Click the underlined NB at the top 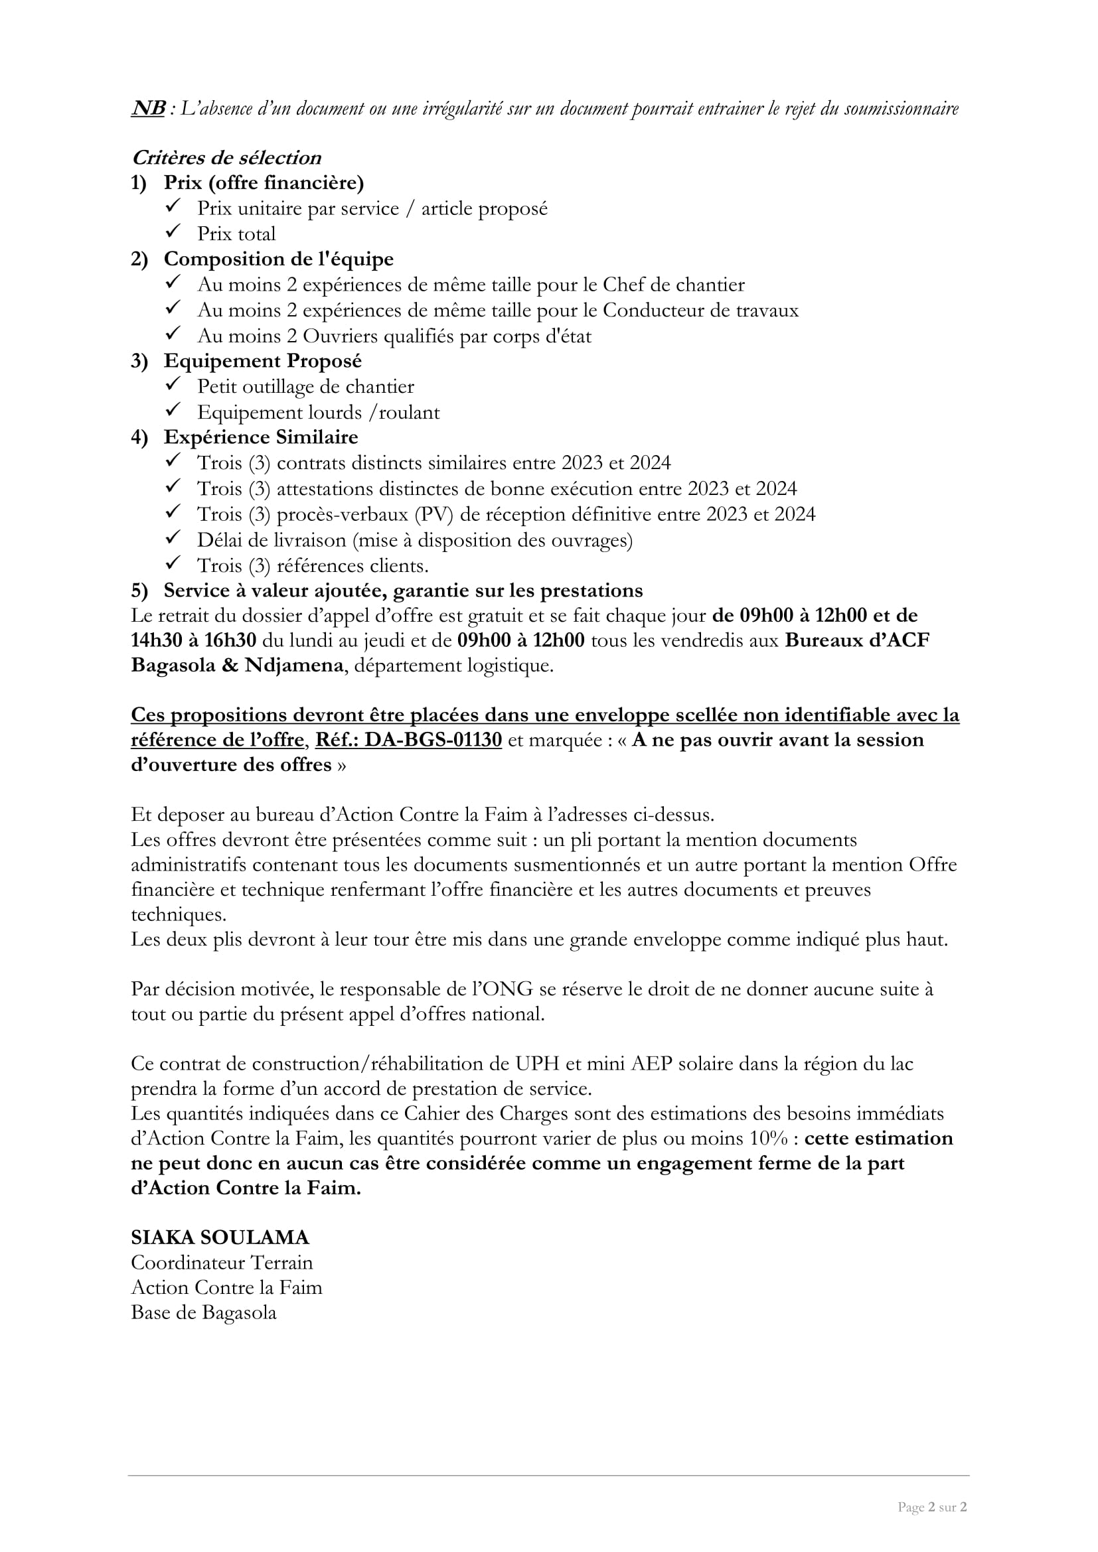tap(148, 108)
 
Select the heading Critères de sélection tap(226, 157)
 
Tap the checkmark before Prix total tap(173, 232)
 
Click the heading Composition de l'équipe tap(279, 259)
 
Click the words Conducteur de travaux tap(700, 311)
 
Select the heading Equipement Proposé tap(262, 361)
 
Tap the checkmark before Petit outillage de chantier tap(173, 385)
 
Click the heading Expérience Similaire tap(260, 437)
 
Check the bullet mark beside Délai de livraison tap(173, 538)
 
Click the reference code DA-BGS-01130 tap(433, 741)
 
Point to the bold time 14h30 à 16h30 tap(193, 641)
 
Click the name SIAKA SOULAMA tap(220, 1237)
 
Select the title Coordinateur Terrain tap(222, 1263)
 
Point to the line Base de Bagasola tap(204, 1312)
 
